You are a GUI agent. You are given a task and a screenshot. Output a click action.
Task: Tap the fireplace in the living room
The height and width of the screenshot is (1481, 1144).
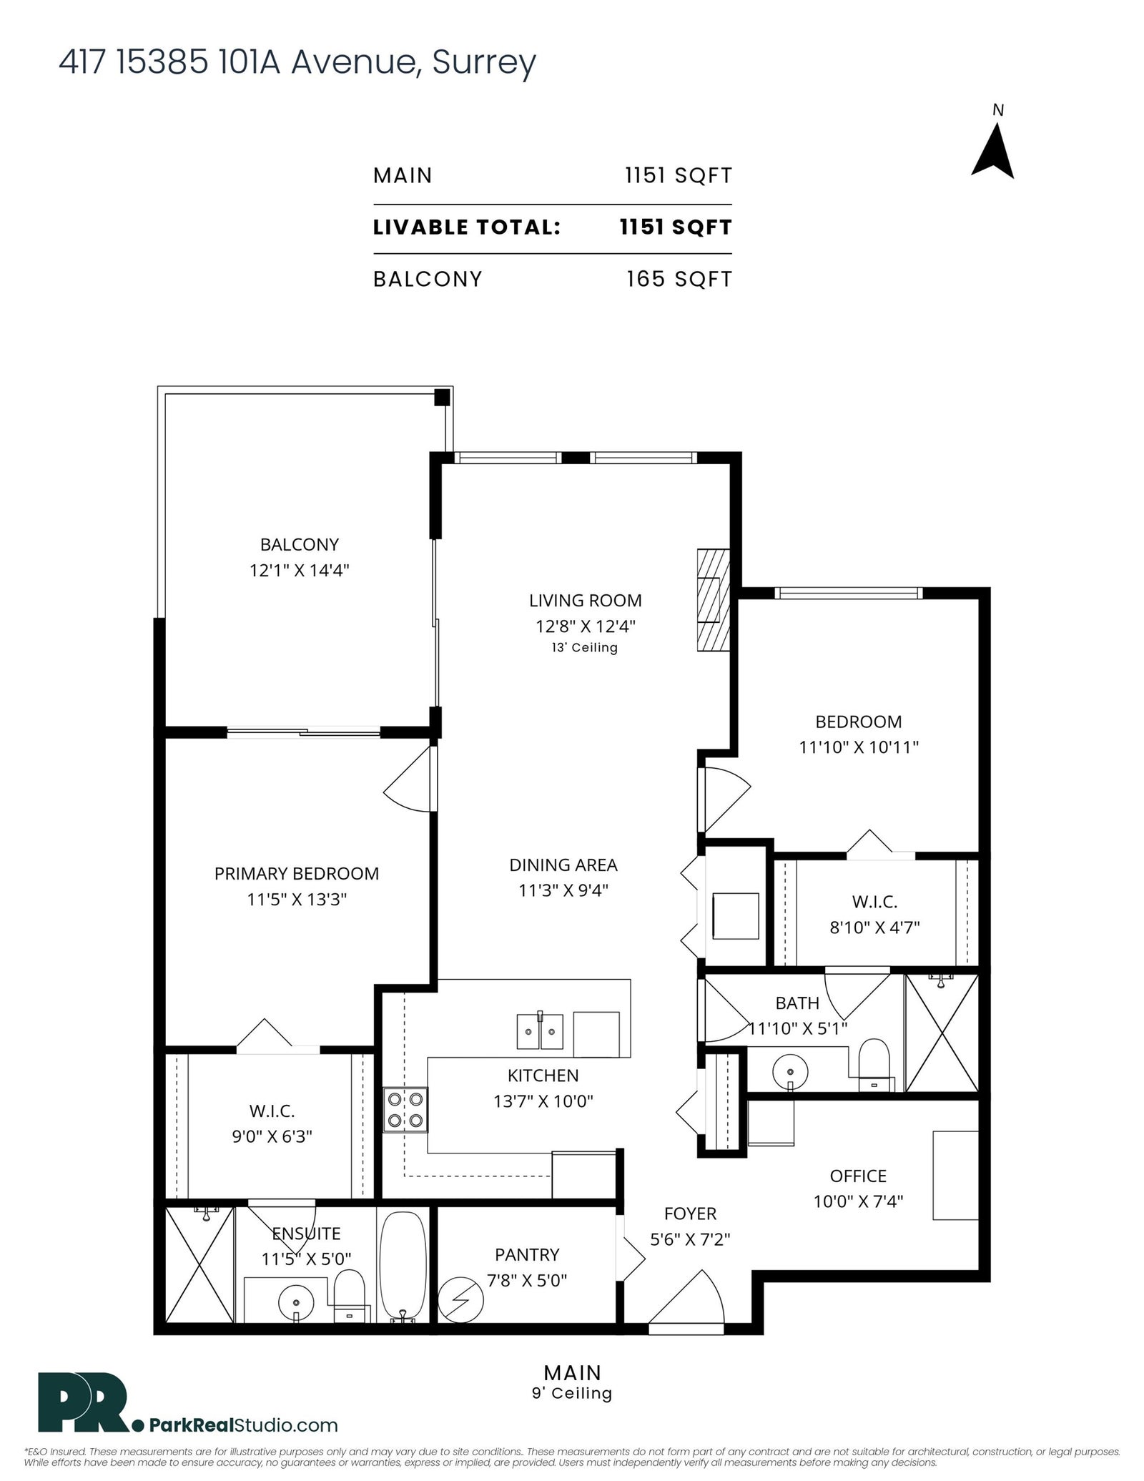click(x=714, y=599)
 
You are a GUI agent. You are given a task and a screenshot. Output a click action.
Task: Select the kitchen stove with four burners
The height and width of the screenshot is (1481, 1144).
click(x=405, y=1109)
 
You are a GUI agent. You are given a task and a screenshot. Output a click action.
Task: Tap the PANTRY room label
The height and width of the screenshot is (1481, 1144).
click(x=527, y=1254)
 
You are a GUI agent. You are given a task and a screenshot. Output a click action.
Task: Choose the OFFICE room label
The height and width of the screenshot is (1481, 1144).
click(x=858, y=1176)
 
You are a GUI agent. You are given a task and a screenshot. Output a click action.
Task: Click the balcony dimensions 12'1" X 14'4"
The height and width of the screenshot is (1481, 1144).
click(x=299, y=570)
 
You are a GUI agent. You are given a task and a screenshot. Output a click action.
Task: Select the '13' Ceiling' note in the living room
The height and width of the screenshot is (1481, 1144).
click(x=584, y=648)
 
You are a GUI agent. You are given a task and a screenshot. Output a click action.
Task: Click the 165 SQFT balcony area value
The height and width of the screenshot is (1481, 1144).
click(x=679, y=279)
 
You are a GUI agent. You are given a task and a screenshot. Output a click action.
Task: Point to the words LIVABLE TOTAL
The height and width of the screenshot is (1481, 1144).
click(x=467, y=227)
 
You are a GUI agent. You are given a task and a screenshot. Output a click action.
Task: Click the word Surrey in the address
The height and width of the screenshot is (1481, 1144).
click(x=484, y=63)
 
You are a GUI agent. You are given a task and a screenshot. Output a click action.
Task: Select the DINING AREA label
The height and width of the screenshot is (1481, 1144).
click(x=563, y=865)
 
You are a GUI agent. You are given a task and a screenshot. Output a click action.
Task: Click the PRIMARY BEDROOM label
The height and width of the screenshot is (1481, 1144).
click(x=297, y=873)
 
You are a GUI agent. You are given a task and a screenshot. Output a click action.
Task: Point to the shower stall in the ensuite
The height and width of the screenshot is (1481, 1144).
click(x=199, y=1266)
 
